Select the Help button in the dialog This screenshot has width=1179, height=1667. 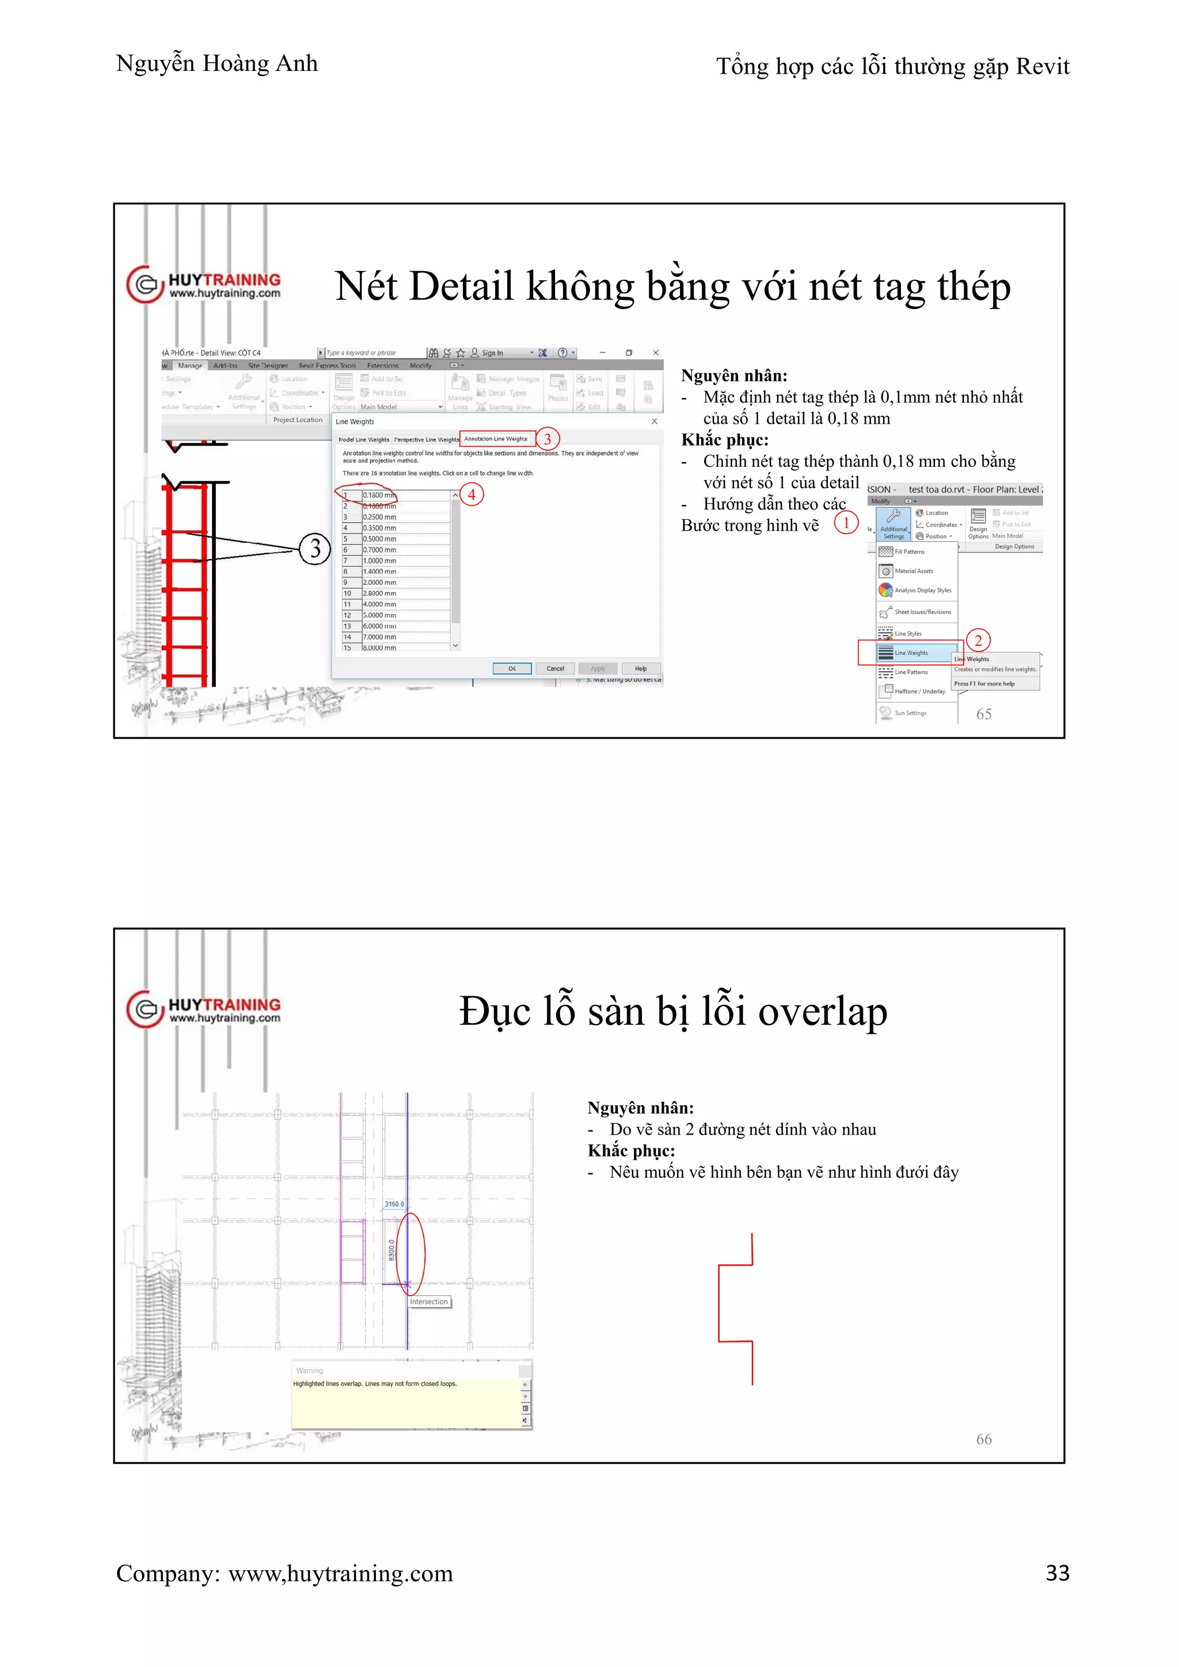point(640,669)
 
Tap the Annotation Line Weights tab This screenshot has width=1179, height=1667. point(497,439)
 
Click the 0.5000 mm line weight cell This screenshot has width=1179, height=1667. point(405,539)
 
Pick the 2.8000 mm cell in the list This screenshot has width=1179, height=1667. point(405,593)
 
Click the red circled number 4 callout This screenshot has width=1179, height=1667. point(472,494)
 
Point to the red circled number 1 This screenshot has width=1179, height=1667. point(846,523)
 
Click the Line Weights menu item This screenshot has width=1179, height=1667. point(911,653)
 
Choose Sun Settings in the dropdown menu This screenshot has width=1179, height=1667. point(910,713)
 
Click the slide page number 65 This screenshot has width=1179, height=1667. point(984,714)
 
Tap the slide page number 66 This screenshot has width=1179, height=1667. point(984,1439)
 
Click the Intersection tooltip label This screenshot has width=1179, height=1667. point(429,1302)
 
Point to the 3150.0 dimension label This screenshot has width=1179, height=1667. point(394,1204)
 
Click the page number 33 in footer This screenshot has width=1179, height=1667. point(1057,1573)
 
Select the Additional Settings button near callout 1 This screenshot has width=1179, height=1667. point(893,523)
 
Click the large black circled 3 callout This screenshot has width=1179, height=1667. point(315,549)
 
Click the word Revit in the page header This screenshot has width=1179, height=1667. point(1043,67)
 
